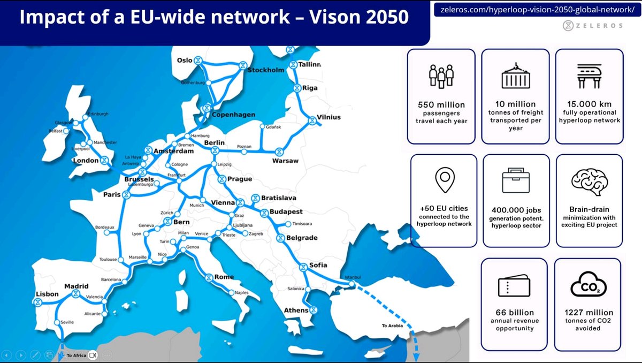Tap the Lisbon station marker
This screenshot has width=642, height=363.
pyautogui.click(x=37, y=303)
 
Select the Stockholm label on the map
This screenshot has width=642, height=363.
pyautogui.click(x=266, y=70)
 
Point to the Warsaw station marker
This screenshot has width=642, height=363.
pyautogui.click(x=278, y=152)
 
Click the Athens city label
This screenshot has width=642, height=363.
pyautogui.click(x=296, y=310)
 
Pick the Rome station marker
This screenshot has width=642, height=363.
pyautogui.click(x=209, y=277)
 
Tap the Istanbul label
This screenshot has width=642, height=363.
pyautogui.click(x=353, y=277)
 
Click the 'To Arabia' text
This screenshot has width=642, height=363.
pyautogui.click(x=392, y=325)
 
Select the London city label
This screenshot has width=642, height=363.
pyautogui.click(x=86, y=160)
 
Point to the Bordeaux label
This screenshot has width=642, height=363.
pyautogui.click(x=105, y=226)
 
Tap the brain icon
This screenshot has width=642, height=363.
pyautogui.click(x=589, y=180)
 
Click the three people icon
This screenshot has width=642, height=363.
pyautogui.click(x=441, y=76)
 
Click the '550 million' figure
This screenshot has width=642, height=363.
pyautogui.click(x=441, y=104)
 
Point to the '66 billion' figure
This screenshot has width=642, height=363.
pyautogui.click(x=514, y=312)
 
